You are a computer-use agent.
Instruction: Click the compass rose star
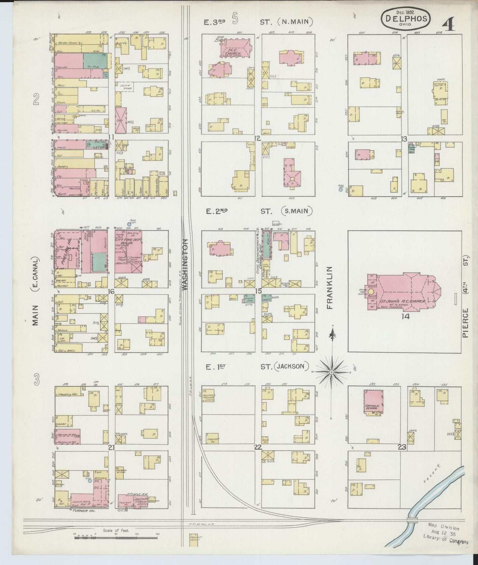click(x=331, y=372)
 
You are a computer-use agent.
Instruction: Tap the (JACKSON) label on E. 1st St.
click(x=291, y=366)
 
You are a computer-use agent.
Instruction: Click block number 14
click(x=405, y=316)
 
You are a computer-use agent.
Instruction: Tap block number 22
click(x=258, y=447)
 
